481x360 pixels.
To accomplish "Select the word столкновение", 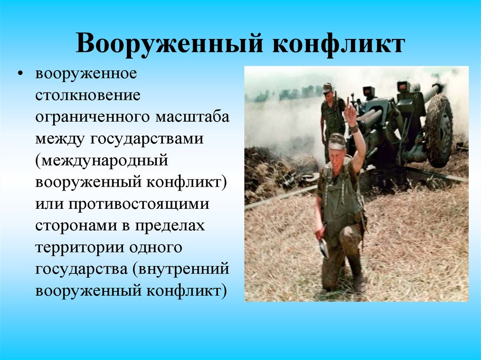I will pyautogui.click(x=88, y=95).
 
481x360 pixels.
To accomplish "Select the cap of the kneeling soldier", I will pyautogui.click(x=337, y=140).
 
